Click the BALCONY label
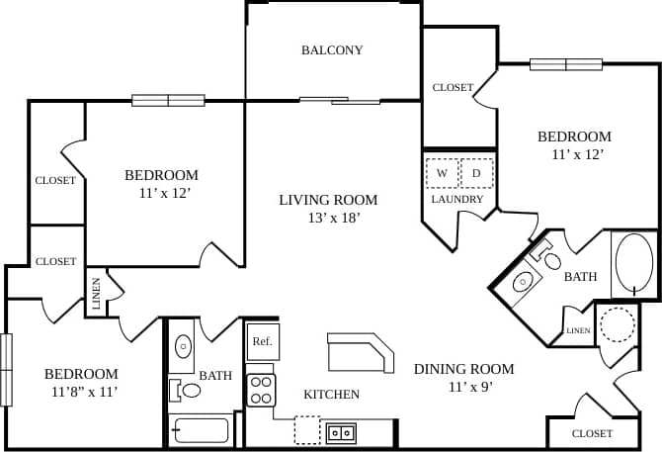coord(332,50)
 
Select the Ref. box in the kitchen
coord(262,341)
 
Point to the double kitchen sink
coord(342,431)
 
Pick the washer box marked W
coord(442,173)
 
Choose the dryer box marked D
coord(475,173)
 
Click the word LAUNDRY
coord(457,199)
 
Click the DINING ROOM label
coord(463,369)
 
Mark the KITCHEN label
coord(331,395)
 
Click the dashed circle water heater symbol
coord(619,324)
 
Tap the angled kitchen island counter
coord(361,350)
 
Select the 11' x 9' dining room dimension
coord(463,387)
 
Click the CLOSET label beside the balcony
coord(453,88)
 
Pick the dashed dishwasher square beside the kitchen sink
coord(307,429)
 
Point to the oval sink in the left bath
coord(184,347)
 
